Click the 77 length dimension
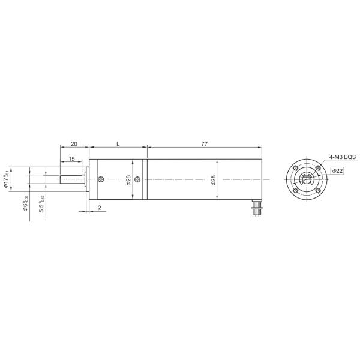[204, 145]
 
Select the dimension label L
[118, 145]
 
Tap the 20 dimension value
[74, 145]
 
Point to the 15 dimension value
[71, 159]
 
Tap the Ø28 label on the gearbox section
[129, 180]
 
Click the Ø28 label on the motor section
[214, 180]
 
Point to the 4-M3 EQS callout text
[342, 157]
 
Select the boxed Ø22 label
[337, 171]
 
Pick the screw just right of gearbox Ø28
[139, 179]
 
